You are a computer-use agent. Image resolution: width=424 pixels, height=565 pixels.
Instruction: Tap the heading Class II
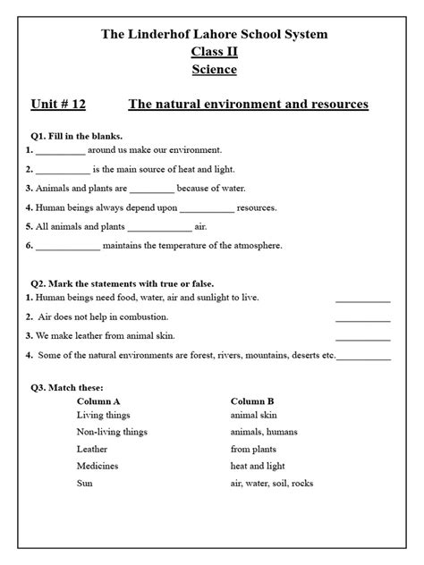214,51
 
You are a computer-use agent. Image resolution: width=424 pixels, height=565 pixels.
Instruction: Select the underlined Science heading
214,69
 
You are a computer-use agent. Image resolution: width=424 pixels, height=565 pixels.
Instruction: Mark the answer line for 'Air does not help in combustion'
362,319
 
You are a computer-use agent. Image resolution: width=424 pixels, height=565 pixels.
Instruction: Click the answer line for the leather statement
362,338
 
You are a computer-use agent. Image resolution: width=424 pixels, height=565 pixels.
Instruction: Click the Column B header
252,401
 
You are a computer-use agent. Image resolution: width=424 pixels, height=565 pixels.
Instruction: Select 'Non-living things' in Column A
112,432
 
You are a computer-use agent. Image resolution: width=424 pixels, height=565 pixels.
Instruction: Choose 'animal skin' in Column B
256,415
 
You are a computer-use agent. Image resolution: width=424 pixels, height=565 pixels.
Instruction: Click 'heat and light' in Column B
259,466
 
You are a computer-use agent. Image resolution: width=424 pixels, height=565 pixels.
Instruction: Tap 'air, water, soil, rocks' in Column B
272,483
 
